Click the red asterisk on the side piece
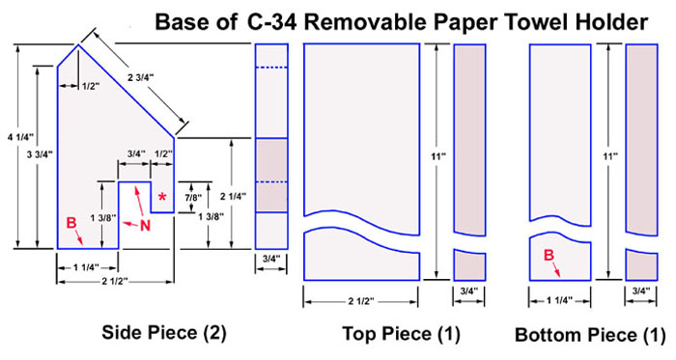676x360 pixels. [162, 198]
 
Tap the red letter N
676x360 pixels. [146, 225]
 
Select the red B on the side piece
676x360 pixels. [71, 223]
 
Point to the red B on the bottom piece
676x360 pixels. [549, 256]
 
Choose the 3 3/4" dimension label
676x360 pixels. [40, 154]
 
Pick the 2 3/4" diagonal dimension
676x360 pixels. [141, 78]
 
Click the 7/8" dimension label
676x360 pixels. [193, 198]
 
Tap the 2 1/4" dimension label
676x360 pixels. [233, 196]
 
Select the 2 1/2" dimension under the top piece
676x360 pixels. [361, 301]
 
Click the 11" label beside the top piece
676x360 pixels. [438, 156]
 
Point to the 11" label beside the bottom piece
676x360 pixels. [609, 156]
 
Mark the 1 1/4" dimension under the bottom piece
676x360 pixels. [559, 301]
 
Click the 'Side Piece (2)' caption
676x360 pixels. [164, 332]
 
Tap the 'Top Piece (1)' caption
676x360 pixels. [401, 334]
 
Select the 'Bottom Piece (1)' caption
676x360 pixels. [590, 335]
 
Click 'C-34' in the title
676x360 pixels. [272, 22]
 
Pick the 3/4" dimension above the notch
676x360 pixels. [134, 154]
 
